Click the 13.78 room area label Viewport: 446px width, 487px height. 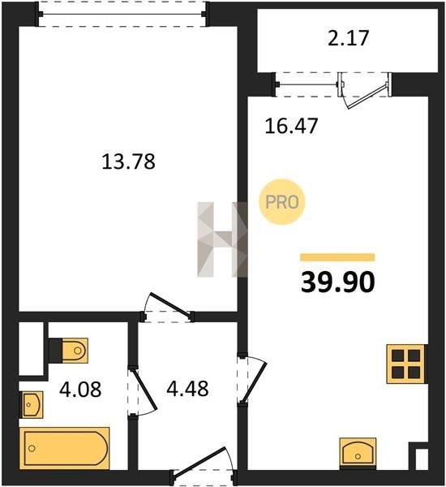[128, 162]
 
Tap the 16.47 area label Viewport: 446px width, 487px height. [291, 126]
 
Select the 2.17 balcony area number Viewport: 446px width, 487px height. [348, 38]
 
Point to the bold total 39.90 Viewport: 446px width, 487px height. [337, 282]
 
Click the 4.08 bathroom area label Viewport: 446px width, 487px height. [80, 389]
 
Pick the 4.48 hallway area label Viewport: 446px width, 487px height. [187, 389]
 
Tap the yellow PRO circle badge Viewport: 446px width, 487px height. [282, 202]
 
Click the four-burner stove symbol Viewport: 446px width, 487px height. [405, 364]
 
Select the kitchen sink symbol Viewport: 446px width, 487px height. [358, 452]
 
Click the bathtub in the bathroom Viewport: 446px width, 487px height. [65, 448]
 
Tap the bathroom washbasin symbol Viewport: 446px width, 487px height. [32, 405]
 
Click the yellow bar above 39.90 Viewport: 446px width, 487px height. [337, 257]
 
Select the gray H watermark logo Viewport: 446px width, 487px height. [222, 239]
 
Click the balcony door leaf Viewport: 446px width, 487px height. [368, 96]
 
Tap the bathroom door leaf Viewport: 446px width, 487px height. [143, 389]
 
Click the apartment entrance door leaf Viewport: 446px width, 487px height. [199, 461]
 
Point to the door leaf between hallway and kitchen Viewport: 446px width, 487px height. [254, 382]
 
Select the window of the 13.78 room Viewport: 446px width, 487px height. [122, 14]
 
